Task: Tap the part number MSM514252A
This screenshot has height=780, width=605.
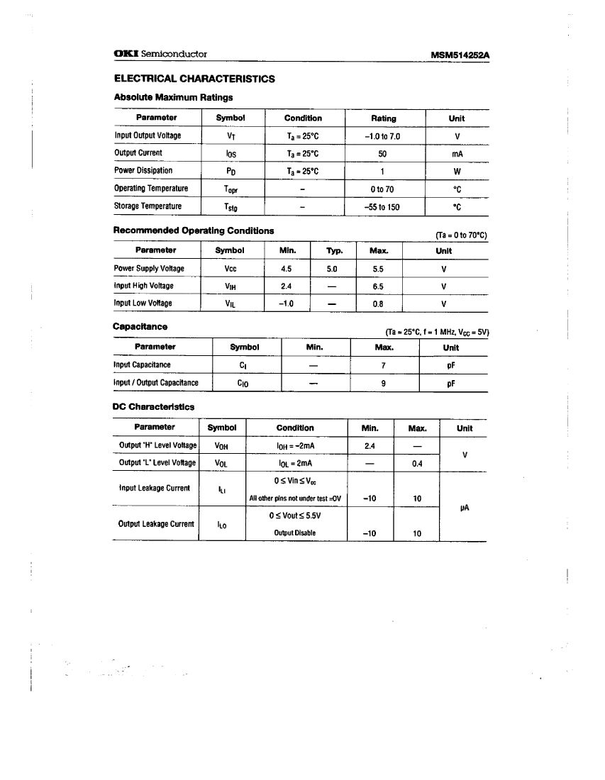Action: point(460,55)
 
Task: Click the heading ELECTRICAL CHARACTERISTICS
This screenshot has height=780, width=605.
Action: point(194,79)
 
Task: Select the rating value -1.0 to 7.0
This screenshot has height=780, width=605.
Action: point(383,135)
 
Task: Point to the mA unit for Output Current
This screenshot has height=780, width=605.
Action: point(457,153)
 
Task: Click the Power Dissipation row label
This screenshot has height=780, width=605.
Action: point(143,170)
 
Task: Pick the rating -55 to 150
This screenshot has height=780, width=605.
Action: point(383,206)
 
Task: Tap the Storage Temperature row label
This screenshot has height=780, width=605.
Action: point(148,206)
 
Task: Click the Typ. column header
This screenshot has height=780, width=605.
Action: point(334,251)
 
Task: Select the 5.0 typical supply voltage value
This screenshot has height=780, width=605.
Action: point(331,269)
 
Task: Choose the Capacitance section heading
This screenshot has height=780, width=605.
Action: point(140,326)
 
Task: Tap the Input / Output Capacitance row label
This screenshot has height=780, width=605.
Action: point(155,383)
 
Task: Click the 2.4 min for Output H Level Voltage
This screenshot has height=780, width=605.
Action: point(369,446)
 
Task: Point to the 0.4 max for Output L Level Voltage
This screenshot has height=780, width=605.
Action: point(417,464)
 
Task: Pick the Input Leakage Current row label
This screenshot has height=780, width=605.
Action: point(154,488)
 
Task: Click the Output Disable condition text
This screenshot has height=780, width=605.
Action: point(294,533)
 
